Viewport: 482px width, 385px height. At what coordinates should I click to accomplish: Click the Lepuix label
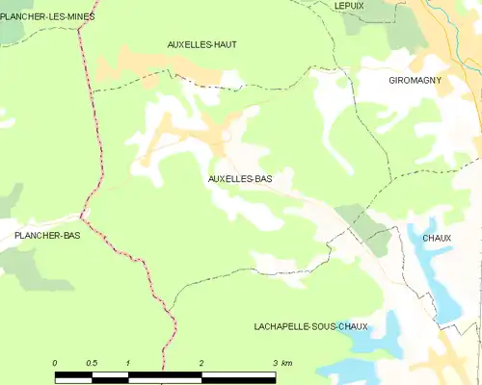pos(349,6)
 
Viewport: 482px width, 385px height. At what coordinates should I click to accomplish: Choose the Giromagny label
pos(415,81)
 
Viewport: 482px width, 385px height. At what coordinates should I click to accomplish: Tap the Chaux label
pos(437,238)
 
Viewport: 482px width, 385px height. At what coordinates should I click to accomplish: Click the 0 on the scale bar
pos(55,362)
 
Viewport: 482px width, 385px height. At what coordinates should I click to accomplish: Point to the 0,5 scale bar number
pos(91,362)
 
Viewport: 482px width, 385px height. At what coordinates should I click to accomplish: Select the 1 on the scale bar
pos(127,362)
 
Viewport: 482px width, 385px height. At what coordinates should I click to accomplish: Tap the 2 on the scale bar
pos(201,362)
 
